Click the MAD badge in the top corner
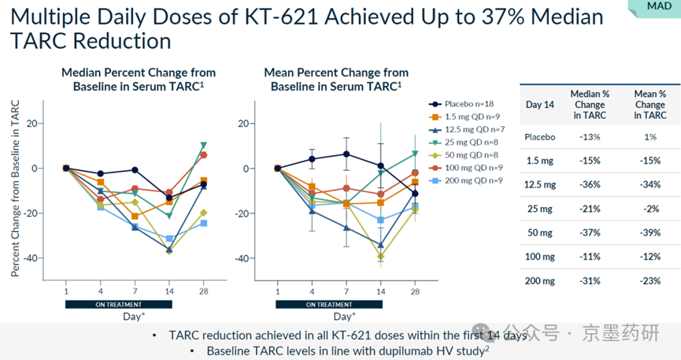click(x=660, y=6)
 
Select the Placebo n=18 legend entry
click(x=465, y=104)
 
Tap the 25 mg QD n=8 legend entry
click(x=468, y=142)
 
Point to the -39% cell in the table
click(x=650, y=234)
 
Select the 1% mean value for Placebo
click(x=650, y=136)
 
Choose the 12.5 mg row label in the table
click(x=540, y=185)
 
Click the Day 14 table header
click(x=540, y=105)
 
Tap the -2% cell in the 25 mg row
click(x=650, y=210)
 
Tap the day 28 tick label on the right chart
click(x=414, y=291)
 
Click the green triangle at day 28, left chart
click(x=204, y=145)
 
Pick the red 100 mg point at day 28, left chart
click(x=204, y=155)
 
